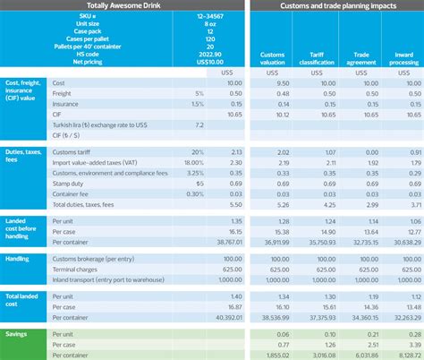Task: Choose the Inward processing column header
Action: [x=403, y=59]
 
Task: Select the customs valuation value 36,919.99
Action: [x=273, y=241]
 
